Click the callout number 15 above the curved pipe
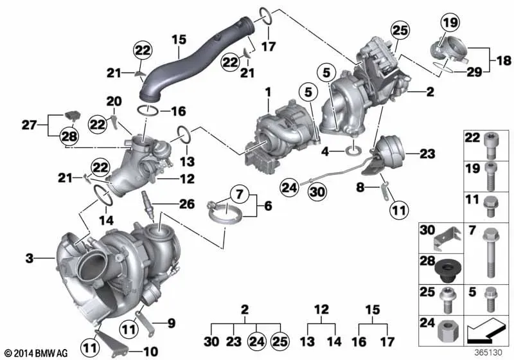click(179, 40)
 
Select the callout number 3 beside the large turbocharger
click(29, 258)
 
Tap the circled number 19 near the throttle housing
click(450, 22)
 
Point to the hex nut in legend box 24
click(447, 334)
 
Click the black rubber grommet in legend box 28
click(445, 271)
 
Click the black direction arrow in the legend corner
click(484, 330)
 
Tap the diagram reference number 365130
click(488, 353)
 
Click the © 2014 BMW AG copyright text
click(36, 353)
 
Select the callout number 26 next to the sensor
click(187, 204)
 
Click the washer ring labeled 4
click(354, 151)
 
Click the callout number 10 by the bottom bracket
click(150, 352)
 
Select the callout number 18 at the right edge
click(504, 60)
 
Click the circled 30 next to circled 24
click(317, 192)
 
